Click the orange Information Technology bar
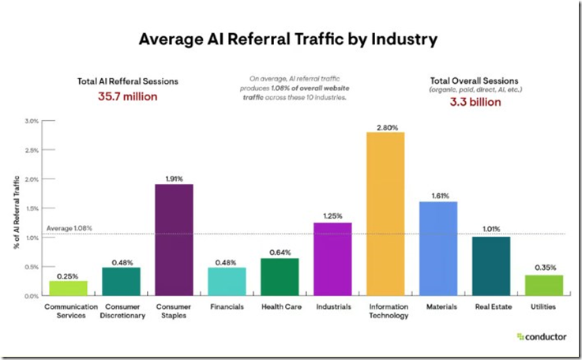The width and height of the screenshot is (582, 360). [385, 214]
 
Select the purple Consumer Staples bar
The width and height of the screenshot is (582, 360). [174, 240]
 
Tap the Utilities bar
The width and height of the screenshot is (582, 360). [544, 286]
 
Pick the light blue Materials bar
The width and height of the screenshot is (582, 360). [438, 249]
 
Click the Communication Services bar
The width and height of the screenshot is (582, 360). [68, 288]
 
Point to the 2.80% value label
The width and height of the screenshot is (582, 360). [387, 128]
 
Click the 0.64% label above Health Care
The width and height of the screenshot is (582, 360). [280, 253]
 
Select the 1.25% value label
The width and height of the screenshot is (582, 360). [332, 216]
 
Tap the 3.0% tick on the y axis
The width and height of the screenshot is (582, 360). [32, 121]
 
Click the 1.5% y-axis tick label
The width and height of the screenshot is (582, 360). [32, 208]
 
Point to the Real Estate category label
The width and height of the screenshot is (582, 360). [494, 307]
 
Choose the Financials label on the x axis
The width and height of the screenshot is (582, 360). [227, 307]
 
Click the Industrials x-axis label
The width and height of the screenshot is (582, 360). [333, 307]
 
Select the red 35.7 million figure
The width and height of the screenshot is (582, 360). [128, 96]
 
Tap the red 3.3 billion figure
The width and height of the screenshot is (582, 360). [475, 102]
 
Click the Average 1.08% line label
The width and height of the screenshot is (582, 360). [69, 228]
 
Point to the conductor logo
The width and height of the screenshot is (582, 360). [542, 337]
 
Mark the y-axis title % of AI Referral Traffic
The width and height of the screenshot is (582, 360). [17, 212]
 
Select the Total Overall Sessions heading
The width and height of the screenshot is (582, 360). [474, 81]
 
